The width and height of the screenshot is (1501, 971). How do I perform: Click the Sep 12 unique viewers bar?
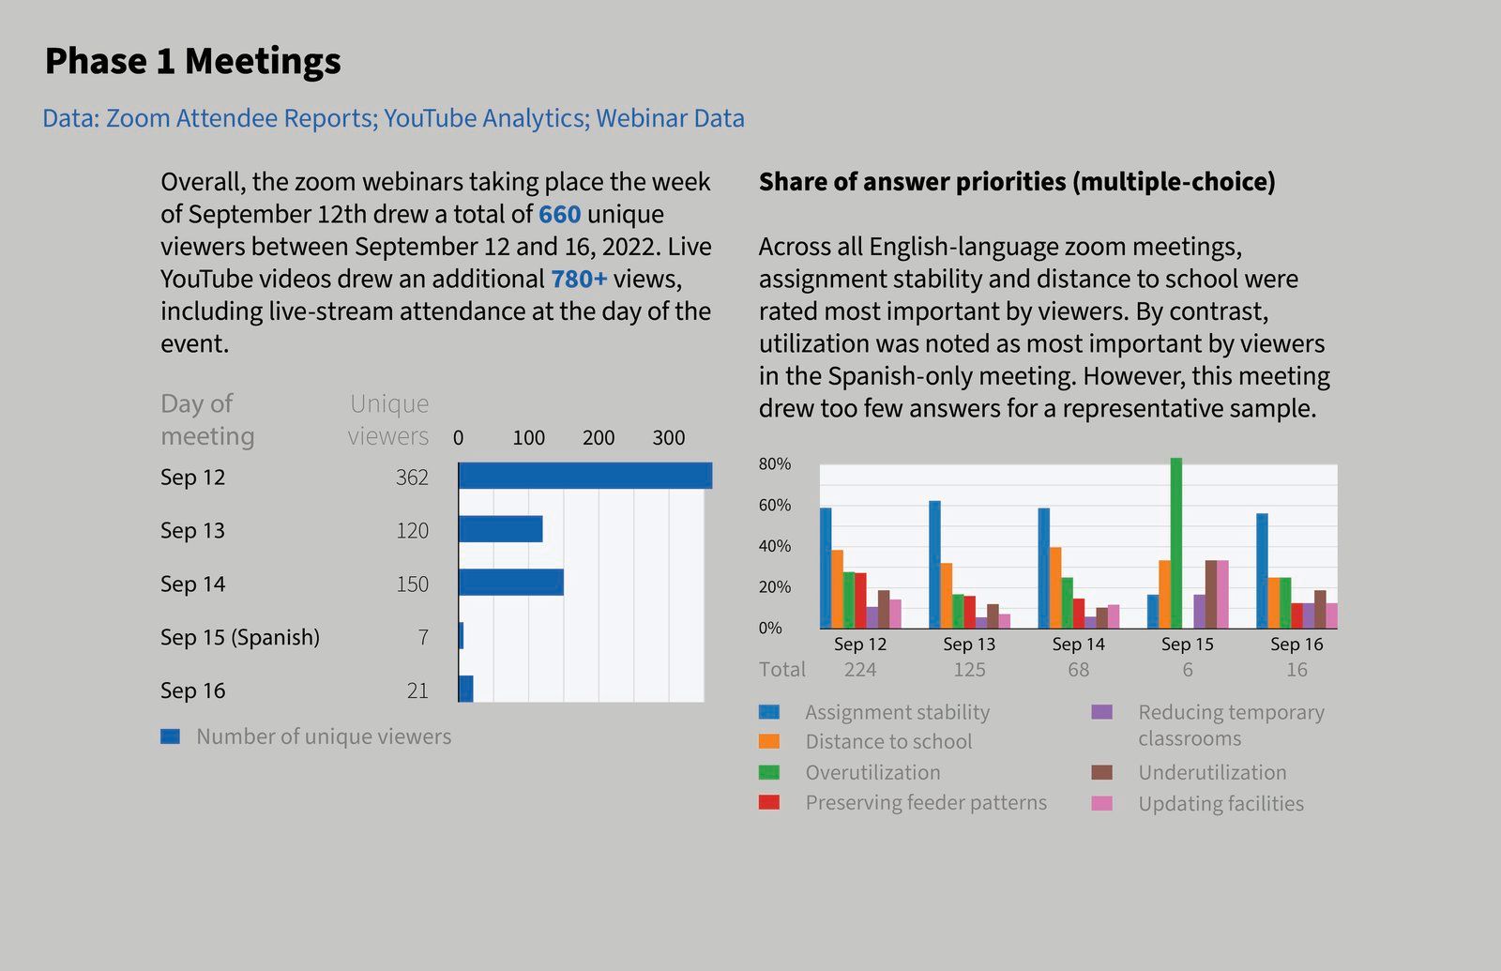584,476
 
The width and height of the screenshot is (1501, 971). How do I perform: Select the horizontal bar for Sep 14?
511,583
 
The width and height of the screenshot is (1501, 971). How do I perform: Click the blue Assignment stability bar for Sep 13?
934,564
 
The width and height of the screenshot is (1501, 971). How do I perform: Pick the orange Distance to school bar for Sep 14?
1055,587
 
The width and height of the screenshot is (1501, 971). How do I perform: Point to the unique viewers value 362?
412,478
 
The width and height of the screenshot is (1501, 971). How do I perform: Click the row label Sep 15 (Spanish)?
239,637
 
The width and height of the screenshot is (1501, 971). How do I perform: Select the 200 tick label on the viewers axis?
599,438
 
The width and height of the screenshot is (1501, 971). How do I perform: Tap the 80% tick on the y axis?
775,464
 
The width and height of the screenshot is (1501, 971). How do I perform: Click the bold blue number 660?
559,214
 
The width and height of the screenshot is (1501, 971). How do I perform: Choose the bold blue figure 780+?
579,279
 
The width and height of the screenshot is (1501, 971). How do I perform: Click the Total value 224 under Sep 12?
859,670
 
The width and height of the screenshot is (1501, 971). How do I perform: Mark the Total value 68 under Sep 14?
1078,670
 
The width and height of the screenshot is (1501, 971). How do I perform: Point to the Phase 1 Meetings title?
193,61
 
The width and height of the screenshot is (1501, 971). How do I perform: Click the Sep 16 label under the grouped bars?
1296,645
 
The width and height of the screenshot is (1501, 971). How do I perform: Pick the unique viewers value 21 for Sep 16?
417,690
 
